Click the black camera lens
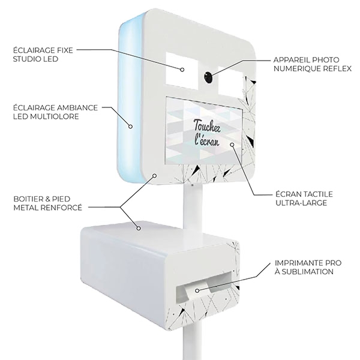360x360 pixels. coord(207,77)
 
